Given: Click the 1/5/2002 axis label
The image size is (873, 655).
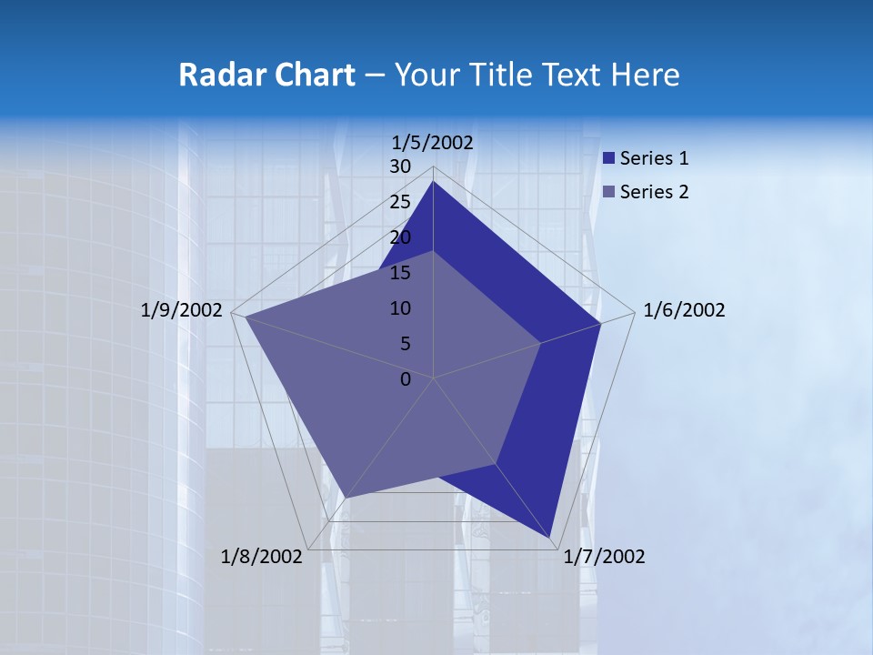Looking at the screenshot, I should pos(433,143).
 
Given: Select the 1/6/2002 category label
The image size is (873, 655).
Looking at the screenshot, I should pos(684,310).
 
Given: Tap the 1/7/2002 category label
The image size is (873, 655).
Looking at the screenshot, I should pos(604,557).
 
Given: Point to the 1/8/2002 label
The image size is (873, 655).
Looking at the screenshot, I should pos(261,557).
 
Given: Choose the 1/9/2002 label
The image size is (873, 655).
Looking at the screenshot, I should pos(182,310).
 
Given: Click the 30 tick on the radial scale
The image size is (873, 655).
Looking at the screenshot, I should pos(400,166).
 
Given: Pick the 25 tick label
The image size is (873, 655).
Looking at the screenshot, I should pos(400,202).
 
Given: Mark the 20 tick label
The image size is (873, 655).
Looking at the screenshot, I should pos(400,237).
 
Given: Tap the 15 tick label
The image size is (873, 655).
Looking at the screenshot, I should pos(400,273).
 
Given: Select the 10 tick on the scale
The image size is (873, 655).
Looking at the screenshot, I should pos(400,308).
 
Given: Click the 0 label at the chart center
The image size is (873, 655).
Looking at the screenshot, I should pos(406,379).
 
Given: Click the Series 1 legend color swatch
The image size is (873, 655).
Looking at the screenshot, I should pos(609,158).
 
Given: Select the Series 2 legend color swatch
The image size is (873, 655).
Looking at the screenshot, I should pos(609,192).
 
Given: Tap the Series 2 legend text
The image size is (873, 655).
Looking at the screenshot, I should pos(654,192).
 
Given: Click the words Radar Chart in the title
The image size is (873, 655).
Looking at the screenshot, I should pos(266,75).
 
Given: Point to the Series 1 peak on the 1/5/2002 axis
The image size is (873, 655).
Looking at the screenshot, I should pos(433,182).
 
